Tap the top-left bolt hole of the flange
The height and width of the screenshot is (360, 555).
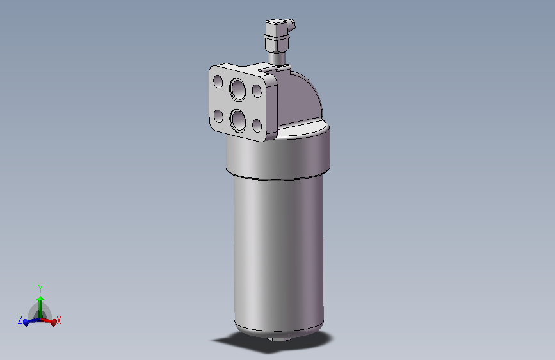click(x=218, y=81)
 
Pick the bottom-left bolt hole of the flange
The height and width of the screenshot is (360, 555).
click(x=218, y=116)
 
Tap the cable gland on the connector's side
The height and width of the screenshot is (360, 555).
click(x=293, y=26)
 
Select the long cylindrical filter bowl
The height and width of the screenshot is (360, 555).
click(x=278, y=250)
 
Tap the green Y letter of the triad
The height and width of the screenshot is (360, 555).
click(x=40, y=288)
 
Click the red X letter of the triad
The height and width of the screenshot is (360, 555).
click(x=59, y=320)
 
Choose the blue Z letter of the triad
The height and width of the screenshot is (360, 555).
click(x=20, y=319)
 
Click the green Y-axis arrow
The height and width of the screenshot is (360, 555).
click(x=40, y=304)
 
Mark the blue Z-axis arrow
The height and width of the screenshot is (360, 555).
click(x=29, y=322)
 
